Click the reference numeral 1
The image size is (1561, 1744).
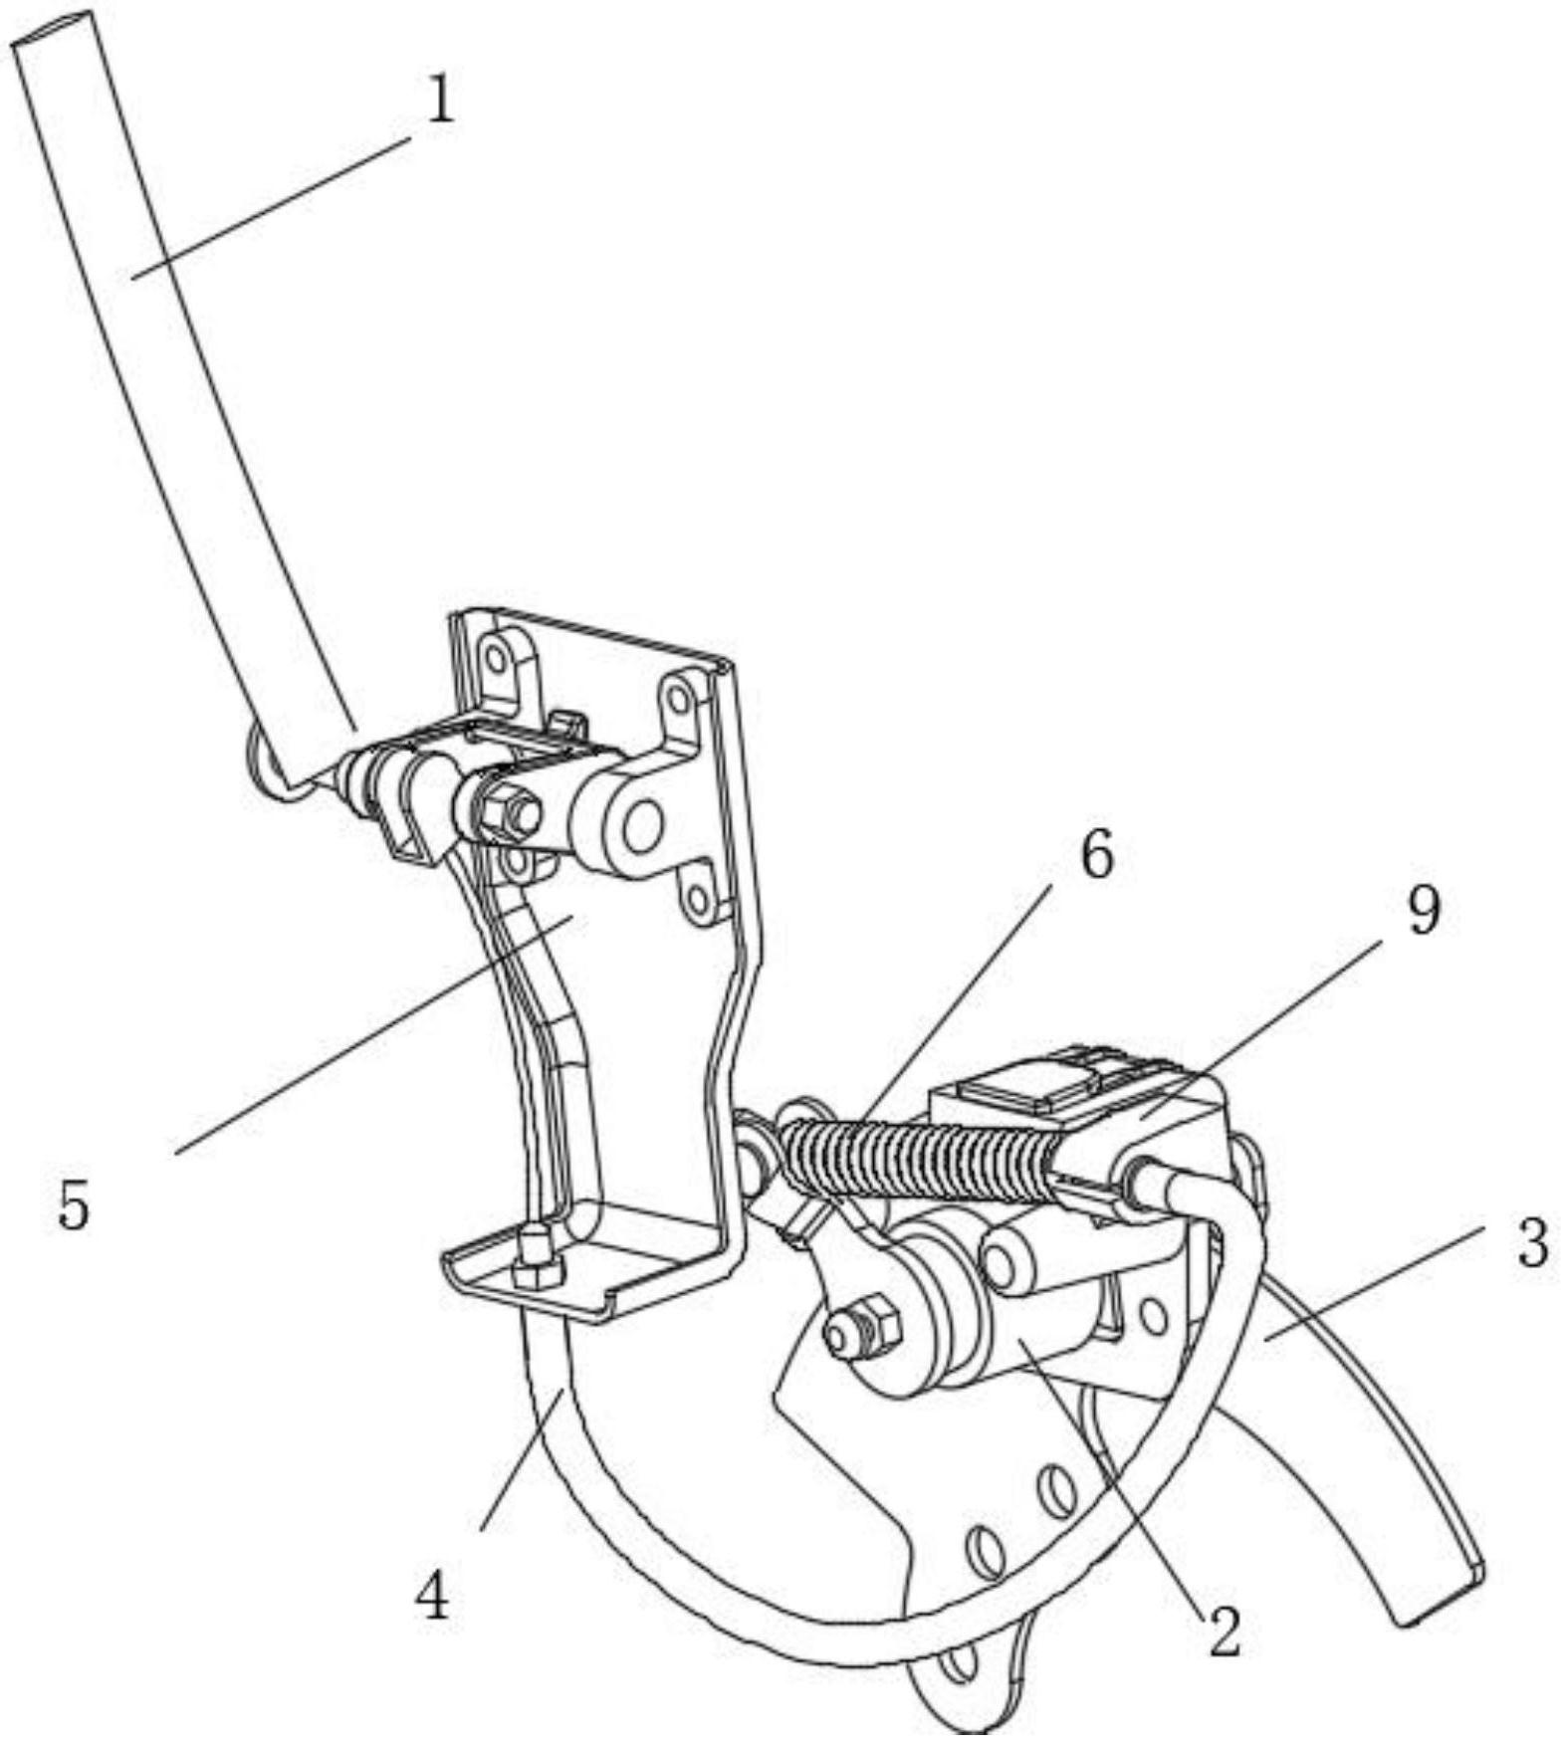pos(440,101)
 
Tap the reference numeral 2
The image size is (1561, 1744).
pos(1224,1632)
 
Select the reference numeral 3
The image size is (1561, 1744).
pos(1533,1244)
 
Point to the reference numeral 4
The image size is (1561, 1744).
pos(432,1600)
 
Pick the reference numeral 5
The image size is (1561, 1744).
pos(73,1205)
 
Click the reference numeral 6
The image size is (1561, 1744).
pos(1096,855)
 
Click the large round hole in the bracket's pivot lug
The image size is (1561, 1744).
pos(643,824)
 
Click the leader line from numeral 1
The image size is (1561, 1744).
pos(270,209)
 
